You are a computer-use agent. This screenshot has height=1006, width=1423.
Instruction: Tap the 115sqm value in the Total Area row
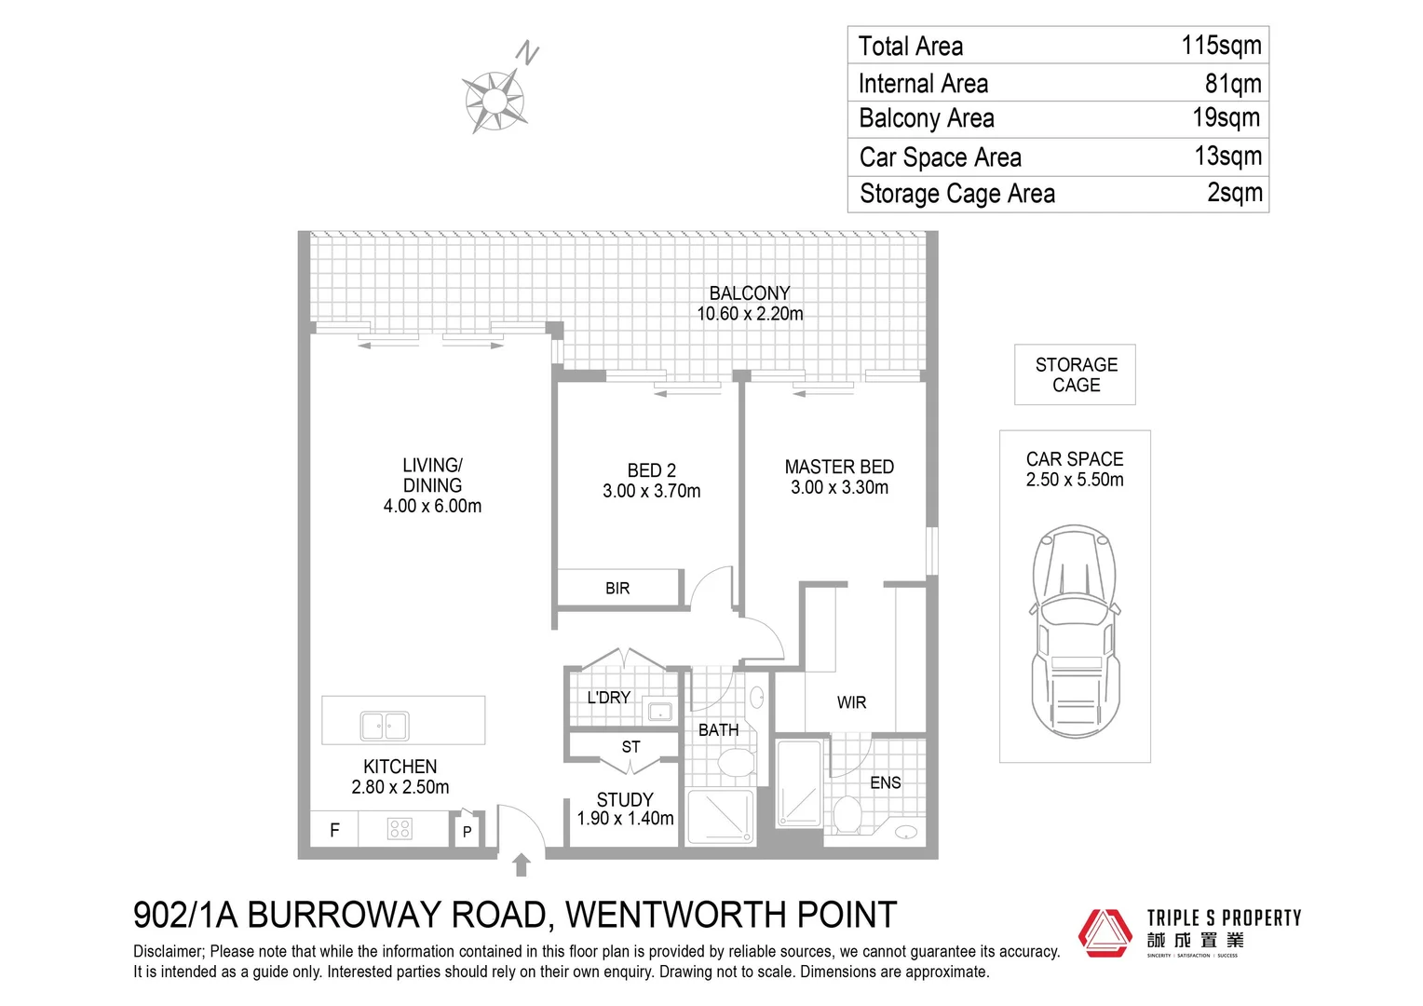1221,46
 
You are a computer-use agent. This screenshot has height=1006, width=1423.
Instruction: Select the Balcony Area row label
926,119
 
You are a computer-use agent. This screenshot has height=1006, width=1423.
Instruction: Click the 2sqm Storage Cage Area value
1234,193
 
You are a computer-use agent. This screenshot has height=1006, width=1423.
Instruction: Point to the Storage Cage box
1075,374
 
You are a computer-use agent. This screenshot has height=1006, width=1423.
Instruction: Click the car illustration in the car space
1074,632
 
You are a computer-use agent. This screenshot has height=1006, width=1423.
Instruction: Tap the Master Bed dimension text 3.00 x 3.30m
839,488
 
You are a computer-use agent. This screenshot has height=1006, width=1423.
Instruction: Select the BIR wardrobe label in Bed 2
617,589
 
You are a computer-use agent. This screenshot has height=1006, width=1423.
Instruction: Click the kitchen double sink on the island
385,725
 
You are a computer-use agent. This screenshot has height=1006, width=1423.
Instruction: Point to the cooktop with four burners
400,828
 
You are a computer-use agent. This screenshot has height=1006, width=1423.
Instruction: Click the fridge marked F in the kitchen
334,830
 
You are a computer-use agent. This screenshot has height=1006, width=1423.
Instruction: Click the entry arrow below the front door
522,865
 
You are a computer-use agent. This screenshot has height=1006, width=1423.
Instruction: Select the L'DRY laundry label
608,698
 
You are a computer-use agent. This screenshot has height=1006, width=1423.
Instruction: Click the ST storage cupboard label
630,747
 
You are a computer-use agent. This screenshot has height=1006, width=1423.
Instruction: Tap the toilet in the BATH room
736,763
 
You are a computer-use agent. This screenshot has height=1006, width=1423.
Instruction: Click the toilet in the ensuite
847,814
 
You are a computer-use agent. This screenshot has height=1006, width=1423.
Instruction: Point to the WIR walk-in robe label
851,703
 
